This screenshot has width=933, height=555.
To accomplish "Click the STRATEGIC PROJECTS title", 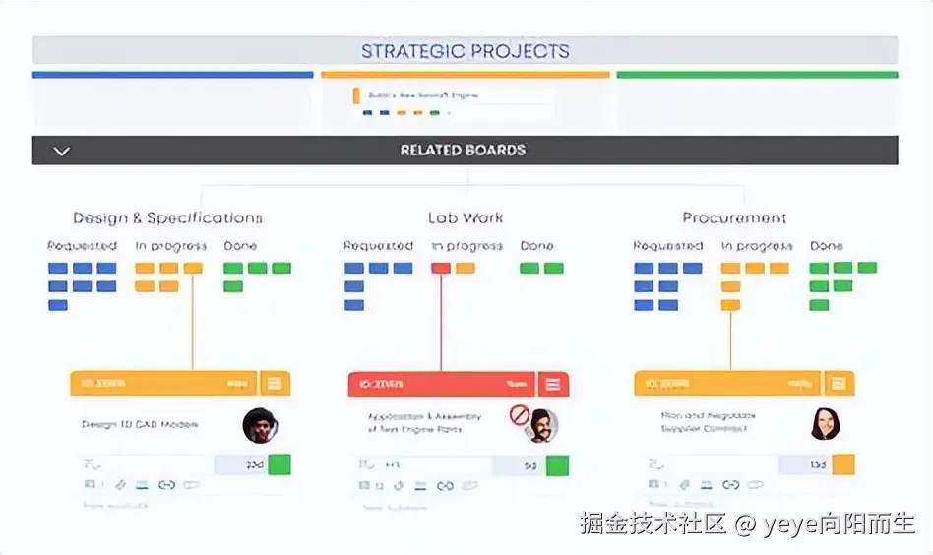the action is pyautogui.click(x=465, y=51).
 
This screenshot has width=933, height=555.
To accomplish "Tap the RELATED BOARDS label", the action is pyautogui.click(x=463, y=151).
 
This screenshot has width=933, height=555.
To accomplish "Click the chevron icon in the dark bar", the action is pyautogui.click(x=61, y=152).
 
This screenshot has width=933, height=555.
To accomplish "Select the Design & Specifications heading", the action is pyautogui.click(x=167, y=218).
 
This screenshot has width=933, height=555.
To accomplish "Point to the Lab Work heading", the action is pyautogui.click(x=466, y=218).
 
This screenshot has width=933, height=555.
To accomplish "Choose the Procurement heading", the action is pyautogui.click(x=734, y=218).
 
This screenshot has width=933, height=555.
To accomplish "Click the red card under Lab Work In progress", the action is pyautogui.click(x=441, y=268).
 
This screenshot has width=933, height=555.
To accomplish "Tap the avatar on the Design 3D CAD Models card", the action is pyautogui.click(x=260, y=425).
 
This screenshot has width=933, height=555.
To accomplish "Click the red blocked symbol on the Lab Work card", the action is pyautogui.click(x=520, y=415).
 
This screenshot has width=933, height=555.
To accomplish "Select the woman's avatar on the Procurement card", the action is pyautogui.click(x=824, y=423).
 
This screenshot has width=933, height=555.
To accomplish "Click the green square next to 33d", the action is pyautogui.click(x=280, y=464).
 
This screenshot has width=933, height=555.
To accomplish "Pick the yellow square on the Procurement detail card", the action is pyautogui.click(x=842, y=464).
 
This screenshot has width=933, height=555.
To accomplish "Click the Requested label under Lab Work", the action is pyautogui.click(x=378, y=246).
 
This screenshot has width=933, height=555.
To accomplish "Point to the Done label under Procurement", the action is pyautogui.click(x=827, y=246).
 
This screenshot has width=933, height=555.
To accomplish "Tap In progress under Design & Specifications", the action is pyautogui.click(x=170, y=246).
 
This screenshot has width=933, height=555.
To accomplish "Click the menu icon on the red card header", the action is pyautogui.click(x=553, y=384).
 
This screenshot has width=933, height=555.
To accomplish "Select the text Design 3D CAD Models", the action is pyautogui.click(x=140, y=424).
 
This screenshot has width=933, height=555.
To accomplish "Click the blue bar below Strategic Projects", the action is pyautogui.click(x=172, y=75).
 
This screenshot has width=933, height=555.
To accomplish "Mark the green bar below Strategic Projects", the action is pyautogui.click(x=757, y=75).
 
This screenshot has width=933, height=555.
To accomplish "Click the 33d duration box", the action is pyautogui.click(x=239, y=464).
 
